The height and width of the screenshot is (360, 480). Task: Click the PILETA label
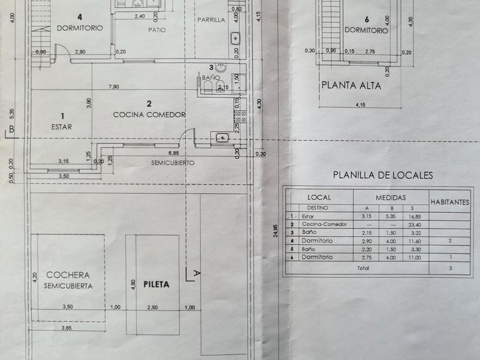(x=156, y=284)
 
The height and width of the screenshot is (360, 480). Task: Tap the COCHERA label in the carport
(x=68, y=274)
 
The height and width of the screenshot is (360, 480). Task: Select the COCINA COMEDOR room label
(x=149, y=114)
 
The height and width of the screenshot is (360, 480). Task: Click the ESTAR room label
(x=62, y=127)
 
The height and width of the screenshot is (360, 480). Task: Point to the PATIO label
(x=156, y=30)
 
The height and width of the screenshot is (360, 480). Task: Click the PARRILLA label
(x=211, y=20)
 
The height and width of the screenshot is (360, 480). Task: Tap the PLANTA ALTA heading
(x=351, y=86)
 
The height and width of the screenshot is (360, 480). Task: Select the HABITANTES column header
(x=450, y=201)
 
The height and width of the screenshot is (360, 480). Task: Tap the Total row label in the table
(x=359, y=267)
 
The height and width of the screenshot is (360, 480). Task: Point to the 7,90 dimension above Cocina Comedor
(x=114, y=86)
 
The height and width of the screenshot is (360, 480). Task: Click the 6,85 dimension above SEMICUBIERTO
(x=173, y=153)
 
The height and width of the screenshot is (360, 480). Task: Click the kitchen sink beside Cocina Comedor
(x=221, y=137)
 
